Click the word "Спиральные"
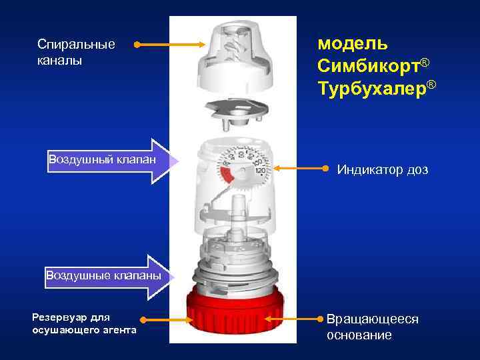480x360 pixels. pyautogui.click(x=76, y=45)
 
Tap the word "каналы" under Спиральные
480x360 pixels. pyautogui.click(x=60, y=61)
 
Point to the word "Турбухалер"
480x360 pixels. pyautogui.click(x=372, y=87)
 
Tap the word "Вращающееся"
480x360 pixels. pyautogui.click(x=372, y=319)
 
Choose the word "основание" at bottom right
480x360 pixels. pyautogui.click(x=359, y=335)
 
